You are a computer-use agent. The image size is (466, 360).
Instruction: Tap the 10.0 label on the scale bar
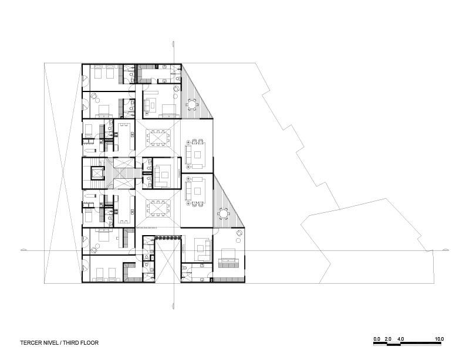pos(439,339)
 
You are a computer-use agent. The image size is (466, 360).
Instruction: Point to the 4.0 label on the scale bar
pos(400,339)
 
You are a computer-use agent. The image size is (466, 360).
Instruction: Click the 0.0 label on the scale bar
pos(376,339)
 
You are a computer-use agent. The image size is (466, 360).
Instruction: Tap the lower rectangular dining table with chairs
pos(157,208)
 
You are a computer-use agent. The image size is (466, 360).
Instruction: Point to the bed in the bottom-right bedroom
pos(227,256)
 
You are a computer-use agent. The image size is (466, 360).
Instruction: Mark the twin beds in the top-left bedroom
pos(103,74)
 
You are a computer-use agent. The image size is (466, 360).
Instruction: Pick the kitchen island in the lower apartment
pos(124,209)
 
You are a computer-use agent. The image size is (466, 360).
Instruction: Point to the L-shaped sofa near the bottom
pos(203,248)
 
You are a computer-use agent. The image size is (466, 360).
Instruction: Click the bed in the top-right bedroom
pos(168,108)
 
